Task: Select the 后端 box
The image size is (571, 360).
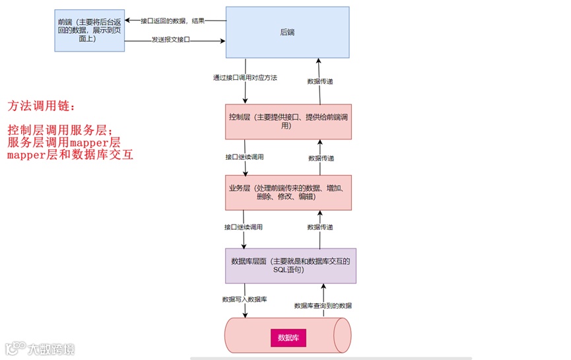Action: pos(288,31)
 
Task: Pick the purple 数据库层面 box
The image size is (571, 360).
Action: pos(290,266)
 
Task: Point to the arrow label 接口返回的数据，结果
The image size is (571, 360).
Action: pos(172,20)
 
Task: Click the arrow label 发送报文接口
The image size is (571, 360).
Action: pos(170,40)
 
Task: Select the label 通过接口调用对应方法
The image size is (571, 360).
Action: pos(245,77)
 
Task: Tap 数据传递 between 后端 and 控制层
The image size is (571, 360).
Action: pos(320,81)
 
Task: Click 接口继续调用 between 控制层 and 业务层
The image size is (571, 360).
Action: pos(244,158)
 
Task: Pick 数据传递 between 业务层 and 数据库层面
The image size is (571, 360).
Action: pos(320,227)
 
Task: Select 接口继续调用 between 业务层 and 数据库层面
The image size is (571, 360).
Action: pos(244,227)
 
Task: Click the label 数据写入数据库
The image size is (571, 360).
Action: pos(244,300)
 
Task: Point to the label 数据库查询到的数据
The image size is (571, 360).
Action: pos(323,306)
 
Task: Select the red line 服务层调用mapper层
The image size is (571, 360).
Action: pos(64,142)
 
